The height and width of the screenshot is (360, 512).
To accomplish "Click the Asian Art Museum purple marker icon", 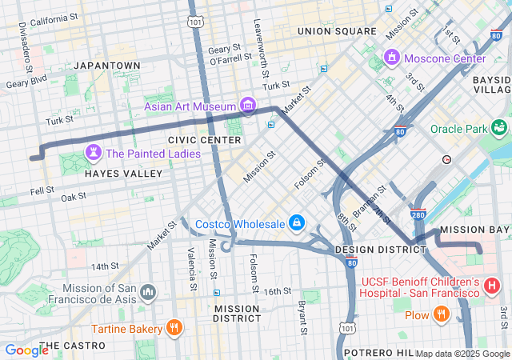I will (247, 106).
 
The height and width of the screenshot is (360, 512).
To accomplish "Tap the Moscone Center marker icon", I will (392, 58).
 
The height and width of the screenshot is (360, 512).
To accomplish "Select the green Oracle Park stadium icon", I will (501, 128).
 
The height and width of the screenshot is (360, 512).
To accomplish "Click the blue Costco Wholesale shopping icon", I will (297, 222).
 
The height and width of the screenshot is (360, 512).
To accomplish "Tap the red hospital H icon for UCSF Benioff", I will (492, 284).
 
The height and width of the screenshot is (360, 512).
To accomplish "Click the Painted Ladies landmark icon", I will (94, 153).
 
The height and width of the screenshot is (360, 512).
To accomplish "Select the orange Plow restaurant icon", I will (440, 314).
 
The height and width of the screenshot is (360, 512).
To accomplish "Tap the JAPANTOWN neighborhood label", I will (106, 65).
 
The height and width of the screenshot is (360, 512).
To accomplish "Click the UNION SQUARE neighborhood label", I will (336, 31).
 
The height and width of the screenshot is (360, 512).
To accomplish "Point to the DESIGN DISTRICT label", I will (380, 250).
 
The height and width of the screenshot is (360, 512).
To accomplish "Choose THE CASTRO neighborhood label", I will (71, 346).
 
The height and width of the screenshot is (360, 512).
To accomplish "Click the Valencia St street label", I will (193, 269).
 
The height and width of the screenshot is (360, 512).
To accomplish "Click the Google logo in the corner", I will (26, 350).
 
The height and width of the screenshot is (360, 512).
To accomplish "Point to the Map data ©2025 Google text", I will (462, 354).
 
